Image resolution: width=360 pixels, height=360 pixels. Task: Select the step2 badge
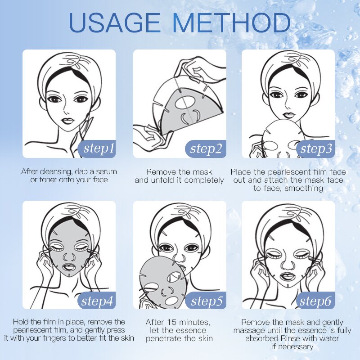click(206, 148)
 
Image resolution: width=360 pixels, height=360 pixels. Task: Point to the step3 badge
click(316, 148)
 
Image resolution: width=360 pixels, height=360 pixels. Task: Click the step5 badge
click(206, 301)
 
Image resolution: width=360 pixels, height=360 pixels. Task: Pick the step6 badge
click(316, 301)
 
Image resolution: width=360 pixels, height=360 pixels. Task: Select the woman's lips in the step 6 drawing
click(288, 274)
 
